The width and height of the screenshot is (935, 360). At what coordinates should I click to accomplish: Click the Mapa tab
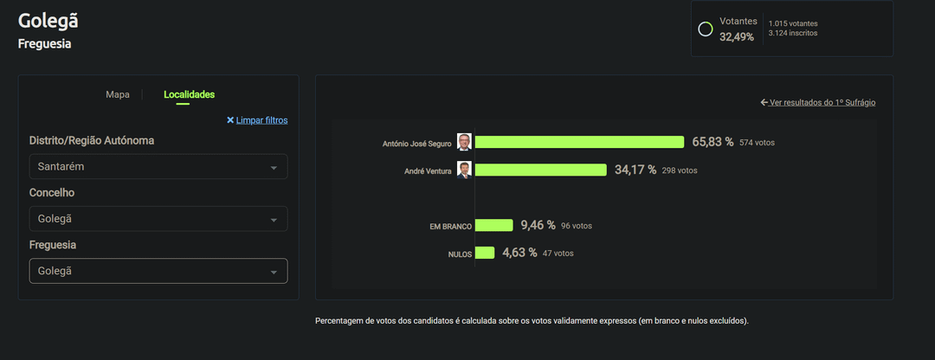[117, 94]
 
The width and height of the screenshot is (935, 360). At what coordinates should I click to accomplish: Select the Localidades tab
[189, 94]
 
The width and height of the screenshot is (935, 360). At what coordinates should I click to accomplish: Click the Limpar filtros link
[257, 120]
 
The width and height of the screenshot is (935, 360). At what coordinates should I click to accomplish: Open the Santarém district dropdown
[158, 166]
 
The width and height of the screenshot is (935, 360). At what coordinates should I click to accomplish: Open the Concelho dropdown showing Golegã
[158, 219]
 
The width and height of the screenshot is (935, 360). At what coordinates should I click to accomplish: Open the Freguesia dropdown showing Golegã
[158, 271]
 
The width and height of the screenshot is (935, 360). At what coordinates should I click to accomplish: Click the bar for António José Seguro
[579, 142]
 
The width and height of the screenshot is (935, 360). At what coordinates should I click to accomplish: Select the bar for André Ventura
[540, 170]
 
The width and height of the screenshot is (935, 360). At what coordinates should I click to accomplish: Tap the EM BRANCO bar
[493, 225]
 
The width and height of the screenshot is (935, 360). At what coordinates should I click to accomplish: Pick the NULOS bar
[484, 253]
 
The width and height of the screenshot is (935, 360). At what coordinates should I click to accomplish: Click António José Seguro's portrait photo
[465, 142]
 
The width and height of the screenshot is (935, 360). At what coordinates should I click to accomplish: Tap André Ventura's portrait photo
[465, 170]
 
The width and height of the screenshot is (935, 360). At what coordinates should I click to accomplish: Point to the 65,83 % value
[713, 142]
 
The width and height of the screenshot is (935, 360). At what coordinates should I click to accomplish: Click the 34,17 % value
[635, 170]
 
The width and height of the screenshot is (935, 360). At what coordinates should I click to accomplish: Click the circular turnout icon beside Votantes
[706, 29]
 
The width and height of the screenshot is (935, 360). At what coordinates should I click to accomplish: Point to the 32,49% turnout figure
[737, 36]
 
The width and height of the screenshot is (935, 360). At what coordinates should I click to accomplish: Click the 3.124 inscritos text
[793, 33]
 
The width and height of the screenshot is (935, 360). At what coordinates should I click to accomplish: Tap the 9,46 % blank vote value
[537, 225]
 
